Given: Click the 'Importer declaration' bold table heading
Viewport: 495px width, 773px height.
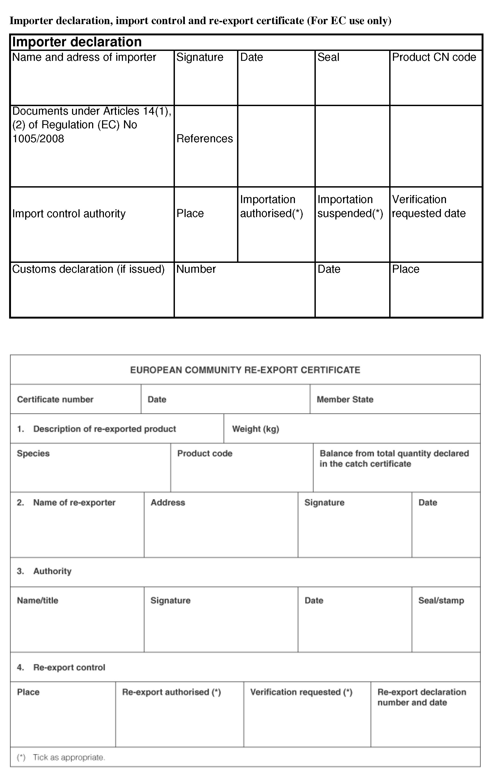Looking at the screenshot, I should [77, 42].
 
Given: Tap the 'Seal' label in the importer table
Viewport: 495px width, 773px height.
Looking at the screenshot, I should [328, 57].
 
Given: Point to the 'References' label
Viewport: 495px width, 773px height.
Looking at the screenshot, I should [204, 139].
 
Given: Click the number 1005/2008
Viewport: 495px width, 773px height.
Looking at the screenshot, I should [38, 139].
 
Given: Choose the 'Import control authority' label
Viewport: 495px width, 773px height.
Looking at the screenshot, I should [69, 214].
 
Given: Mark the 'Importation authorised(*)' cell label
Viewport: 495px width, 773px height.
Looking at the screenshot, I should [271, 206].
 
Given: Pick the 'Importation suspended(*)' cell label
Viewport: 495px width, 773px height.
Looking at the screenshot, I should [350, 206].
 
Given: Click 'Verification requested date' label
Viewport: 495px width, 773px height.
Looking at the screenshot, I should [429, 206].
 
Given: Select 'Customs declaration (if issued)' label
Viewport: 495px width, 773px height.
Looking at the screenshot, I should [88, 269].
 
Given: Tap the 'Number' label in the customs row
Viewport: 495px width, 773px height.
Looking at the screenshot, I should [196, 269].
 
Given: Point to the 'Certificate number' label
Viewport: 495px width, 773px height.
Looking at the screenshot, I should [55, 399].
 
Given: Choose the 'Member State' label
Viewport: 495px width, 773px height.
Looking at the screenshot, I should [345, 399].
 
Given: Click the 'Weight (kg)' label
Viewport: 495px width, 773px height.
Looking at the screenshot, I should [256, 429].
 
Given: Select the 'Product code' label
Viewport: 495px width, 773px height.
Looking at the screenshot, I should [205, 453].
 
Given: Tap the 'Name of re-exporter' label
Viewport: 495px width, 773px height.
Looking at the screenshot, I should [74, 503].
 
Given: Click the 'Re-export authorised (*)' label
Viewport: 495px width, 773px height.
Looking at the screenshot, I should [171, 692].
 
